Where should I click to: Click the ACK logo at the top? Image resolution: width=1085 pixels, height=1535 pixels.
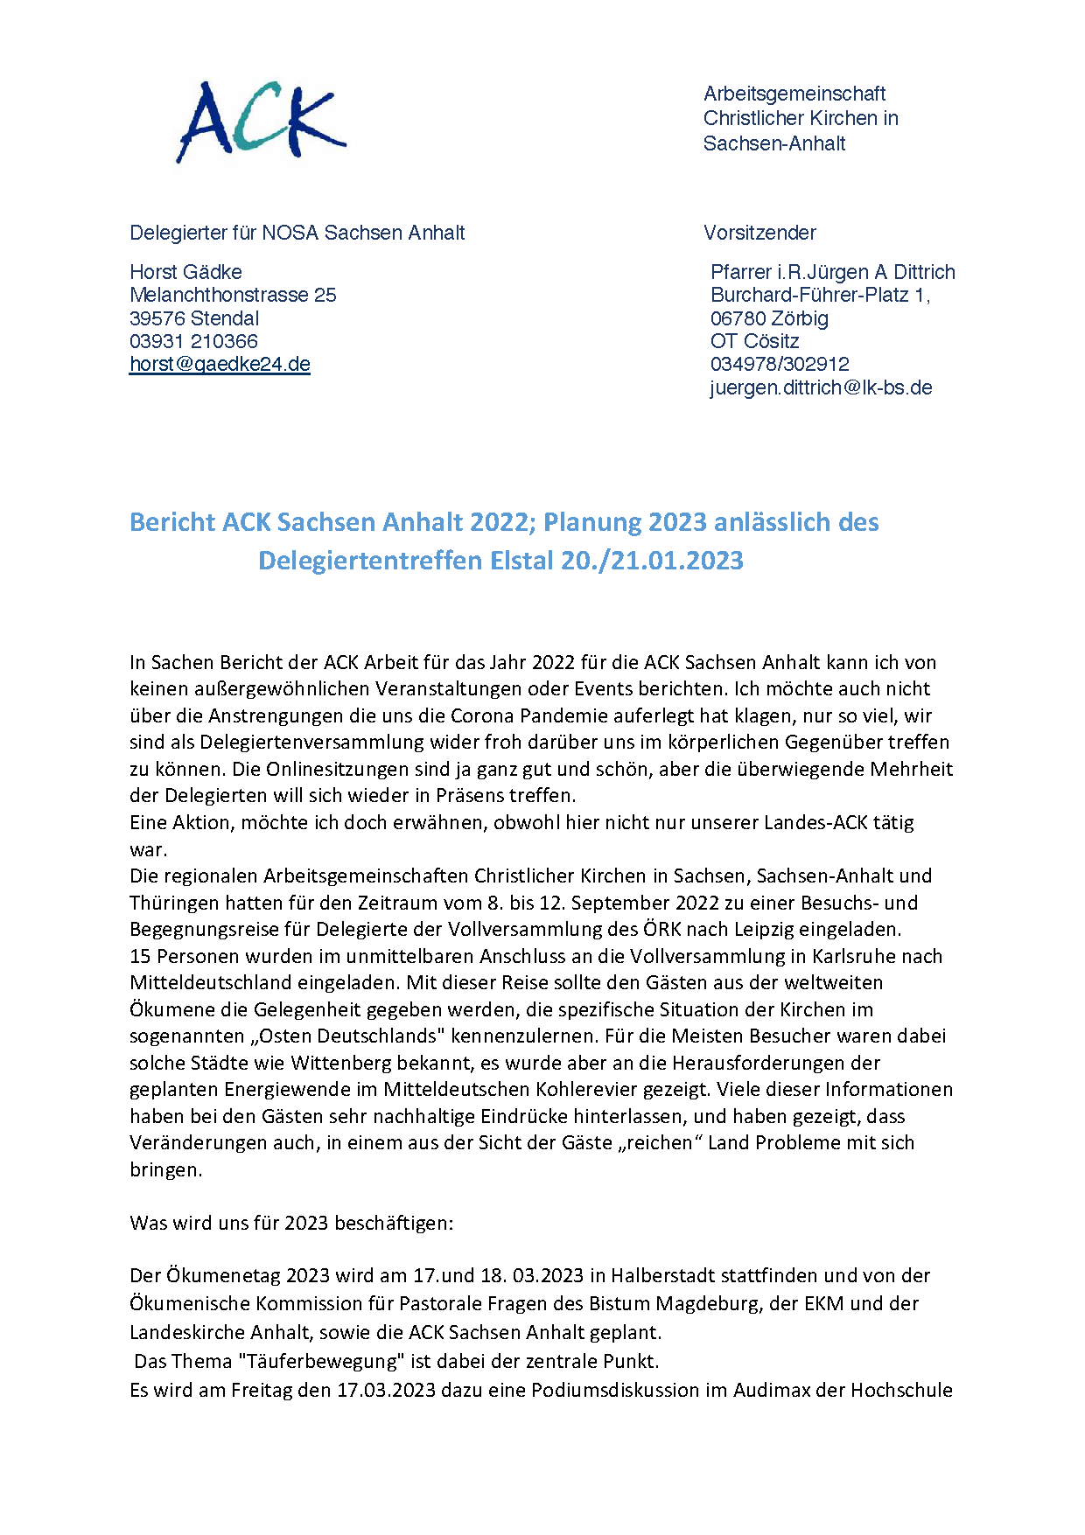[x=261, y=122]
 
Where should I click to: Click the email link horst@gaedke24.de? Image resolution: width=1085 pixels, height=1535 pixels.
[x=220, y=365]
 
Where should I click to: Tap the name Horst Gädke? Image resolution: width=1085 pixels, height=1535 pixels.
[x=185, y=272]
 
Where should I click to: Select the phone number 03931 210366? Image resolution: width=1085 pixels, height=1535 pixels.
[x=193, y=341]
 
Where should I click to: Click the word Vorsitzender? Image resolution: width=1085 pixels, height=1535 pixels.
[x=759, y=233]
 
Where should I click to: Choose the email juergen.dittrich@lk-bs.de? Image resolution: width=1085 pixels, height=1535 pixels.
[x=821, y=387]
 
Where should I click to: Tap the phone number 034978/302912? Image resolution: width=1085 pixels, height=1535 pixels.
[x=780, y=364]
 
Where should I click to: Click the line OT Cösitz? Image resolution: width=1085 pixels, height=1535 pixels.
[x=754, y=341]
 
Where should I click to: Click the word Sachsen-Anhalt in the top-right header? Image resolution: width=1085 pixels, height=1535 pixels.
[x=773, y=143]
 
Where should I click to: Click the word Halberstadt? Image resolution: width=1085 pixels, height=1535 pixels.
[x=662, y=1275]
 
